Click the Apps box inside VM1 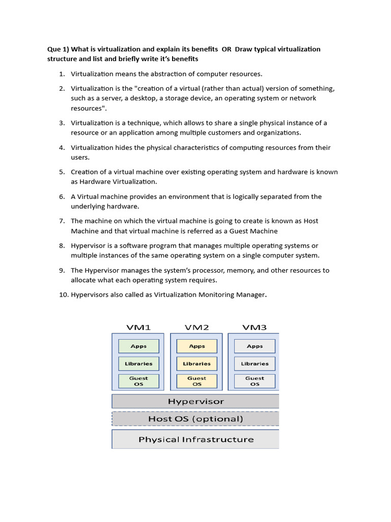coord(138,346)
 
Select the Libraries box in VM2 coord(197,363)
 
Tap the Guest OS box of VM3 coord(255,381)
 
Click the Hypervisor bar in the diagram coord(195,401)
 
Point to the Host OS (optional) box coord(195,419)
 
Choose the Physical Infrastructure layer coord(195,439)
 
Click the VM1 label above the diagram coord(138,327)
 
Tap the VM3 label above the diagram coord(255,327)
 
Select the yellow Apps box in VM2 coord(197,346)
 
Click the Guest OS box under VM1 coord(138,381)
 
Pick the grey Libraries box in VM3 coord(255,363)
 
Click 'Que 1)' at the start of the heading coord(54,49)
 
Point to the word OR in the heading coord(227,49)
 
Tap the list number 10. coord(63,295)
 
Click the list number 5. coord(62,172)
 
